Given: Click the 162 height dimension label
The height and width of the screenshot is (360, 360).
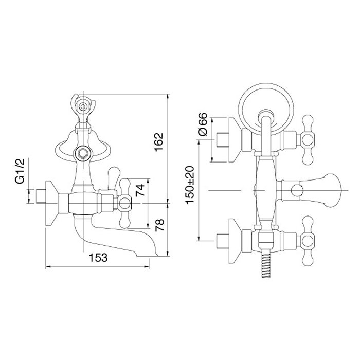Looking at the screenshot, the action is pyautogui.click(x=158, y=141).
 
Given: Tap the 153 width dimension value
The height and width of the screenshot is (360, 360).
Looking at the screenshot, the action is pyautogui.click(x=98, y=258).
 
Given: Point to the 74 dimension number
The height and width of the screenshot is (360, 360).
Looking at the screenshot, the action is pyautogui.click(x=140, y=189).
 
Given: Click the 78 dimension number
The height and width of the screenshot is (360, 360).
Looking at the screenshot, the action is pyautogui.click(x=159, y=225).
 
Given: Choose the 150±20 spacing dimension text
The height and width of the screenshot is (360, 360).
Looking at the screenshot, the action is pyautogui.click(x=190, y=185).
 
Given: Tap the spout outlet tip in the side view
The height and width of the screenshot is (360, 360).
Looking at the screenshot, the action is pyautogui.click(x=161, y=255).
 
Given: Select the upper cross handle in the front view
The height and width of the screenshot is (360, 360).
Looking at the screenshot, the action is pyautogui.click(x=307, y=140).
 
